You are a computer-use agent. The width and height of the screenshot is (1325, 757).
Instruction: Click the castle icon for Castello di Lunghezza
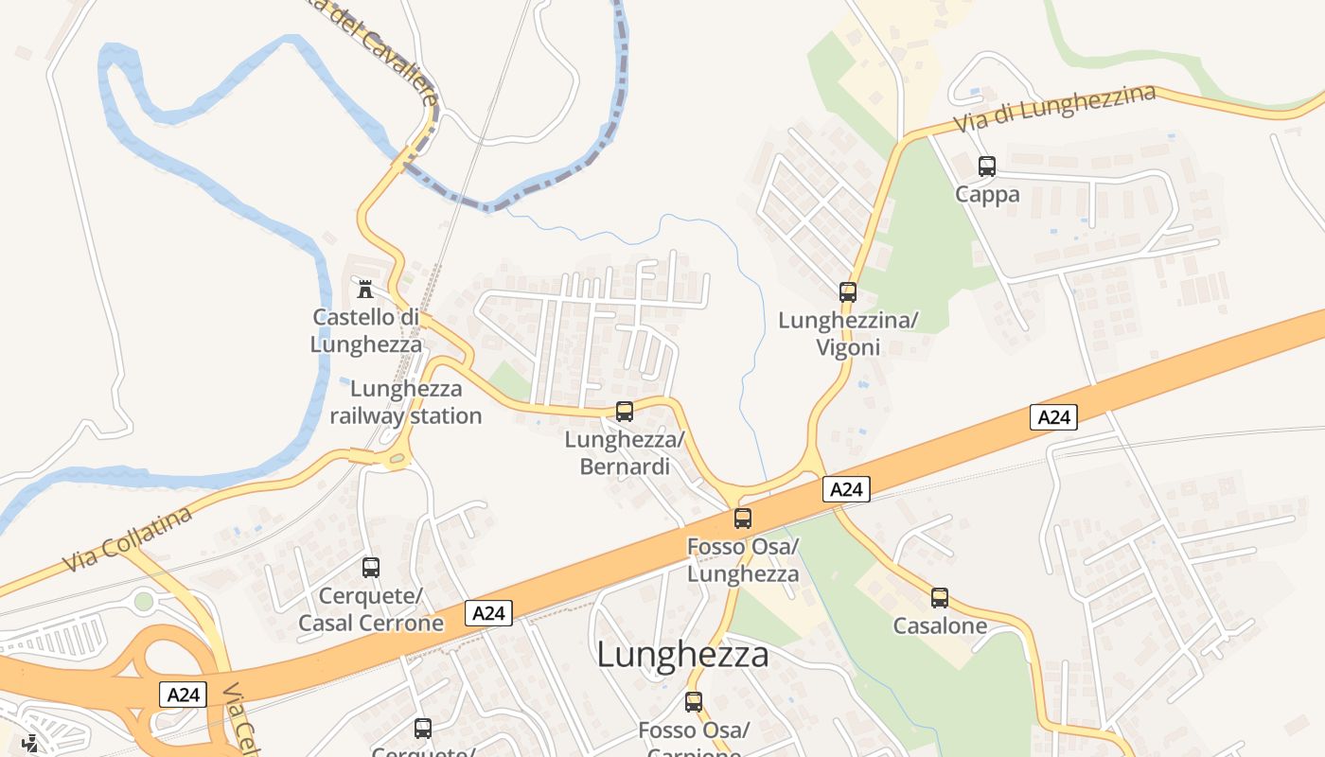(365, 288)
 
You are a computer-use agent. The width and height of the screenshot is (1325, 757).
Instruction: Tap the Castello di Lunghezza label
(365, 330)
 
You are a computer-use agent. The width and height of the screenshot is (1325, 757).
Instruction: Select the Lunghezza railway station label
(405, 402)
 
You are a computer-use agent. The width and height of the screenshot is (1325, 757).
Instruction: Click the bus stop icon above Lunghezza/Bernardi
(625, 412)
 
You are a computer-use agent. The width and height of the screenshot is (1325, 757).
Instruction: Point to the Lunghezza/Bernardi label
(624, 453)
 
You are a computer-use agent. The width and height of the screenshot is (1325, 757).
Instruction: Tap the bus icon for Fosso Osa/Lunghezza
(743, 519)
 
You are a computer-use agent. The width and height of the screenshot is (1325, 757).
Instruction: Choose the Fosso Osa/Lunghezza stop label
(743, 560)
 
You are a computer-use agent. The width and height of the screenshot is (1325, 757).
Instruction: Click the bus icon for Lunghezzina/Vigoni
(848, 292)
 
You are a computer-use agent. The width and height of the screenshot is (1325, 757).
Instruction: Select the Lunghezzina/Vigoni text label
(848, 334)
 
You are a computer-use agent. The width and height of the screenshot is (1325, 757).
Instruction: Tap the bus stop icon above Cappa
(987, 167)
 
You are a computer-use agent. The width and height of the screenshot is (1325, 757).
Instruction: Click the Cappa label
(987, 195)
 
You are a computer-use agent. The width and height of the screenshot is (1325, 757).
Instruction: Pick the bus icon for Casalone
(940, 598)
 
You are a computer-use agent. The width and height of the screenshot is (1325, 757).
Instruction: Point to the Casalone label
(940, 626)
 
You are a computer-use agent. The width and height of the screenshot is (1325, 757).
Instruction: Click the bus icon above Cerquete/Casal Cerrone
(371, 568)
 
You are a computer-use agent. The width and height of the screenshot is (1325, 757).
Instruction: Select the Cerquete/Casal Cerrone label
(371, 610)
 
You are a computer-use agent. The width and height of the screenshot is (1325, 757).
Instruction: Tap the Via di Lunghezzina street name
(1054, 109)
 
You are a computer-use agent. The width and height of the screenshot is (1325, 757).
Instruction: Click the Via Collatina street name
(128, 540)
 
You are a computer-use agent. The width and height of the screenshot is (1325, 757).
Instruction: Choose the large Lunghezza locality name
(682, 655)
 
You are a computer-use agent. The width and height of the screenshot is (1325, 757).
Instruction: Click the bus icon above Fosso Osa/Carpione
(694, 702)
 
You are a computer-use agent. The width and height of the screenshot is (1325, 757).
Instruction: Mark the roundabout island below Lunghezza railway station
(397, 459)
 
